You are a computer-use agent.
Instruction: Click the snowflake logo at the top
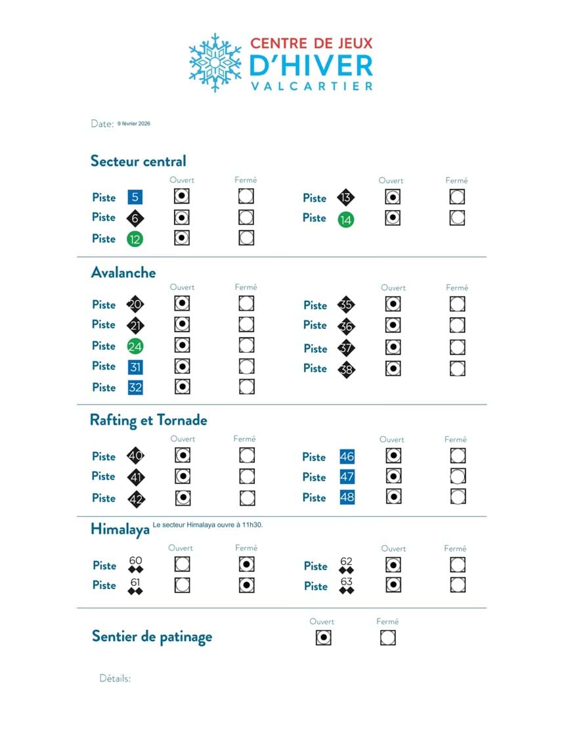215,62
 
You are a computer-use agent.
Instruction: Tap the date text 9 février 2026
134,123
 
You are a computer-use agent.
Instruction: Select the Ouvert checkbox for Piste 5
182,196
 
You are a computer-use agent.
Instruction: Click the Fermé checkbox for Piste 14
458,218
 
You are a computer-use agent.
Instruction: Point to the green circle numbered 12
135,239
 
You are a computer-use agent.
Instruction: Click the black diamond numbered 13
346,198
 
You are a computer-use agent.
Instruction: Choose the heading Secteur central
139,161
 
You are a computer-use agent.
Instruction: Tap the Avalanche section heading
123,272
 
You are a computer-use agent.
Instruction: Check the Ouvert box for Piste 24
182,345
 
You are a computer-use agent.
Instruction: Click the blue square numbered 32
135,388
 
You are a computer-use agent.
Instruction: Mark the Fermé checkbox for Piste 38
458,368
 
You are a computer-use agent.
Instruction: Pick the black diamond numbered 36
346,326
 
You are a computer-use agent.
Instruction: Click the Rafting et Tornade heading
148,420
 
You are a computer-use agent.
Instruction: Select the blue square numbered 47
347,477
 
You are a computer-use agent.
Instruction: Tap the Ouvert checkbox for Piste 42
183,498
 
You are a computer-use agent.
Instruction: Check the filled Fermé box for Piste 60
247,565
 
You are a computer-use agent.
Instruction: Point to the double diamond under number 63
347,590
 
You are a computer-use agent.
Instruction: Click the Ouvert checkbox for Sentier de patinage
323,637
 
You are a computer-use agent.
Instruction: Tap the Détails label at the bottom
115,678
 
